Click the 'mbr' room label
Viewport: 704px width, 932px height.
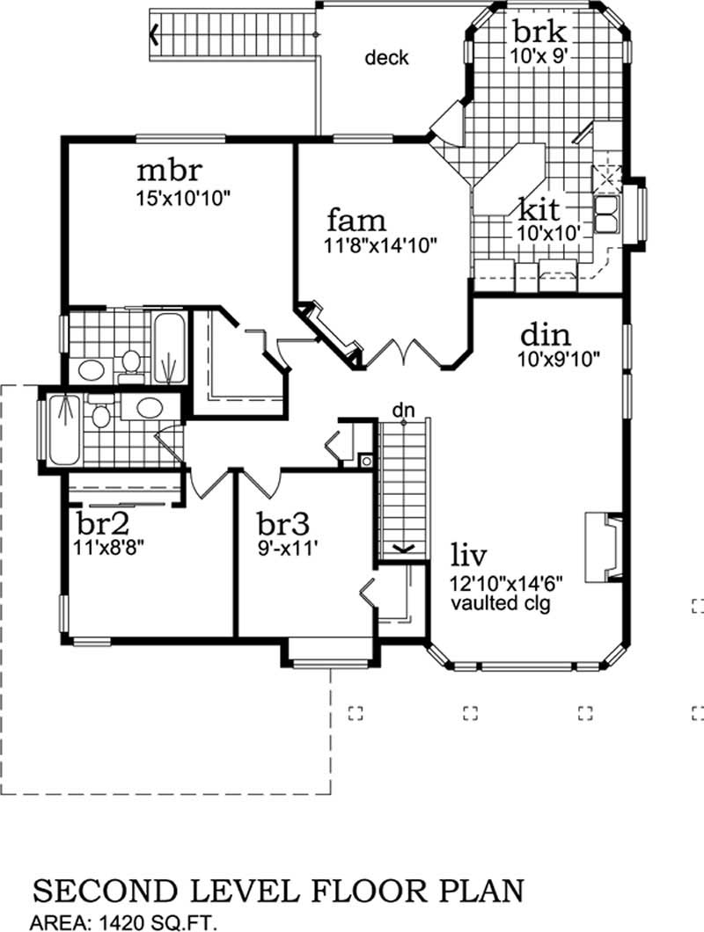(x=170, y=171)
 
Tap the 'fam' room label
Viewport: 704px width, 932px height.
(x=356, y=221)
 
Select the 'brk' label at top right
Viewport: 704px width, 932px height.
(x=538, y=32)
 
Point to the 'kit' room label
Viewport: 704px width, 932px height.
(x=539, y=210)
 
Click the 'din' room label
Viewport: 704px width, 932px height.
(x=546, y=336)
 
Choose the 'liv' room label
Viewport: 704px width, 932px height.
(x=468, y=556)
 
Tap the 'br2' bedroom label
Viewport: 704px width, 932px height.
(x=104, y=524)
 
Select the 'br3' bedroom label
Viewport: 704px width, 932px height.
(x=283, y=524)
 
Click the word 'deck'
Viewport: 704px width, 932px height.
(x=387, y=58)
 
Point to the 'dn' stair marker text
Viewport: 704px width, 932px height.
(x=403, y=410)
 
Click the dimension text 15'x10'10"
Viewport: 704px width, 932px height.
(x=183, y=198)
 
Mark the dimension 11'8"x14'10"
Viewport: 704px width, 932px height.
(x=381, y=245)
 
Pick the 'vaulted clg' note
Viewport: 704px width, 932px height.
(x=501, y=603)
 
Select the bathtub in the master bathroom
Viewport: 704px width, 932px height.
(x=170, y=347)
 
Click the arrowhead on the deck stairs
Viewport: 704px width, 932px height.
(x=154, y=34)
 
